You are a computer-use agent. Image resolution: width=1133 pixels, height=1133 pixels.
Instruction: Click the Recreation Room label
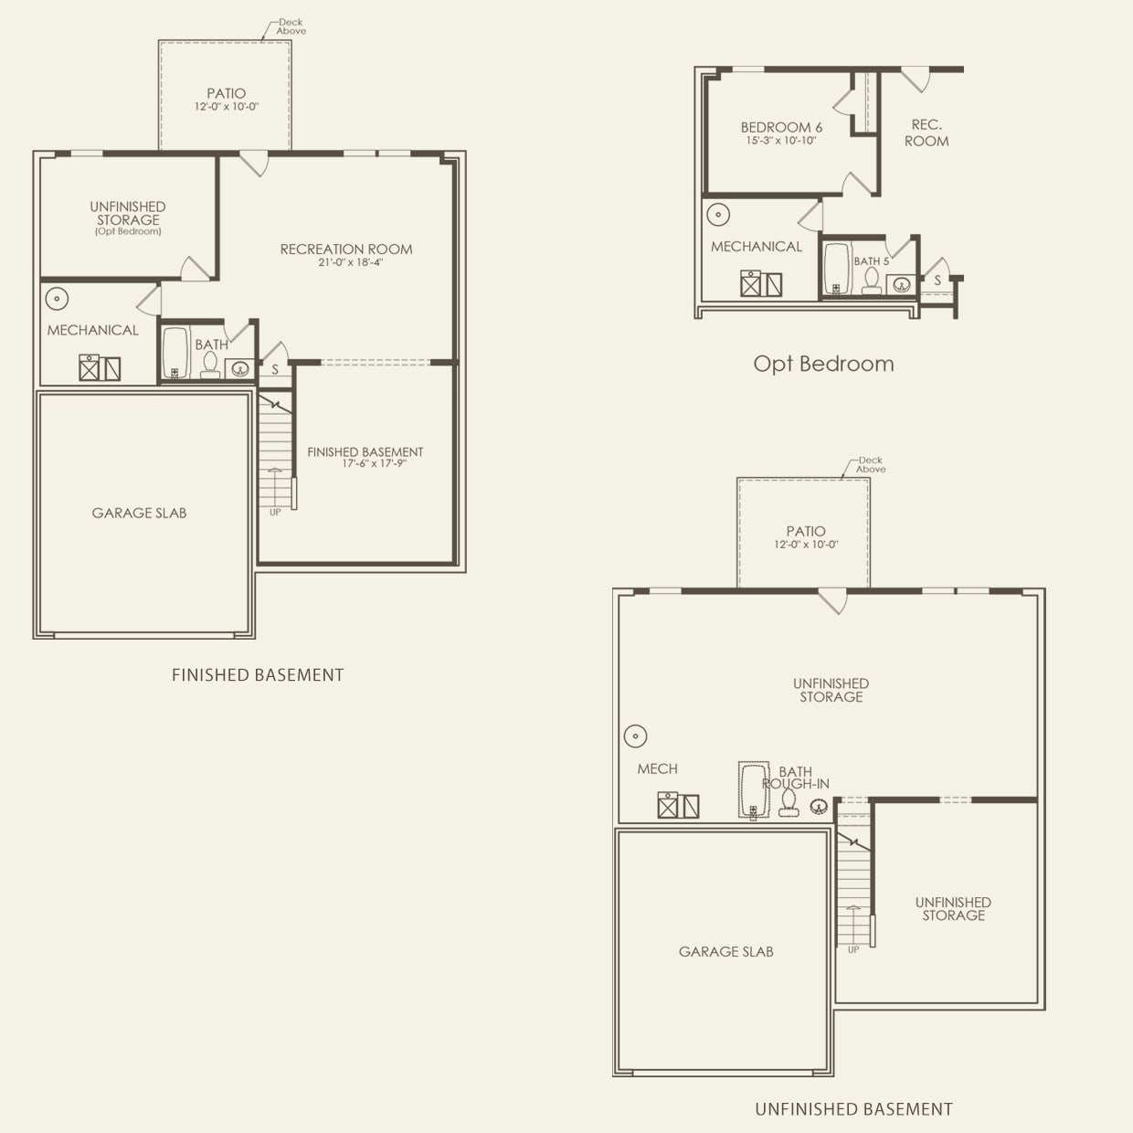tap(345, 249)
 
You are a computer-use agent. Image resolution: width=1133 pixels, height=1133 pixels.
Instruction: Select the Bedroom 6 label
tap(781, 127)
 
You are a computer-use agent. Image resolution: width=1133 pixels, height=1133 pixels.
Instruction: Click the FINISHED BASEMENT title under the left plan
tap(258, 675)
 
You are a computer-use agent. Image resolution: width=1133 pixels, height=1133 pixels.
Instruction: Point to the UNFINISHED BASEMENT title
tap(853, 1109)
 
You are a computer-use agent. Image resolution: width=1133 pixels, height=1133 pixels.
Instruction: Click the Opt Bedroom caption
tap(823, 364)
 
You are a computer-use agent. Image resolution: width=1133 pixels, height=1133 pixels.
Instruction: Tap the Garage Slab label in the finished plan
tap(139, 513)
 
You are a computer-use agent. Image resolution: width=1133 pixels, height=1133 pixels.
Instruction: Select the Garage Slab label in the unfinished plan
tap(725, 951)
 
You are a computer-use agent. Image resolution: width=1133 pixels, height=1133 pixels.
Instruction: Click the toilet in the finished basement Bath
tap(210, 365)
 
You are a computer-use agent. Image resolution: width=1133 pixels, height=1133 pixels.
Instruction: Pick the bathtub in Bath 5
tap(836, 269)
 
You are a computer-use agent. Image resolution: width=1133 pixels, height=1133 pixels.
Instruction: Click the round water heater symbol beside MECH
tap(635, 736)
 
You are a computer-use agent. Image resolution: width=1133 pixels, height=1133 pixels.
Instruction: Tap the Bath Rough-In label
tap(796, 778)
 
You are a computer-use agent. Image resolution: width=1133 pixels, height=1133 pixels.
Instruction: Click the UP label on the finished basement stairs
tap(275, 512)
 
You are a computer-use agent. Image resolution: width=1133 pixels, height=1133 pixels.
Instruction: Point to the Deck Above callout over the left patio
tap(291, 26)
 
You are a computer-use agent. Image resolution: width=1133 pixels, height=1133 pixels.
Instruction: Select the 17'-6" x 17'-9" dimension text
tap(374, 463)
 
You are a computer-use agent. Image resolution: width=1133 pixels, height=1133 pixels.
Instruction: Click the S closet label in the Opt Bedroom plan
tap(937, 281)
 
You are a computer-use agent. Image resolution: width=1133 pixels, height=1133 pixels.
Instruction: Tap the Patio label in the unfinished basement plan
tap(805, 531)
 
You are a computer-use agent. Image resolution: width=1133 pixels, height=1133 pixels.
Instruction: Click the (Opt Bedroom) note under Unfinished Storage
tap(128, 232)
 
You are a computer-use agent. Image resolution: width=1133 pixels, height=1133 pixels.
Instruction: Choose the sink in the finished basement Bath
tap(240, 369)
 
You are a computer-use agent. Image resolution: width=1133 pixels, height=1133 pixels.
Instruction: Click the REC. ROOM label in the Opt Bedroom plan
tap(927, 132)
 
